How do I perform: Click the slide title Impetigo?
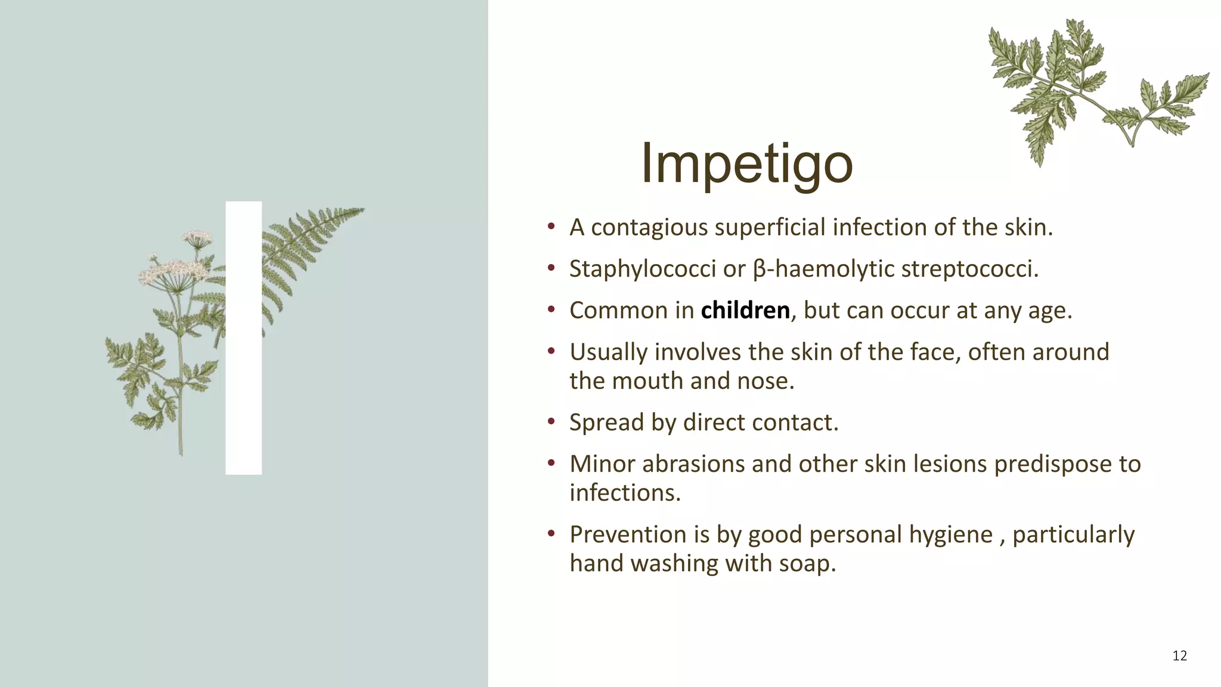[746, 164]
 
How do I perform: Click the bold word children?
[745, 311]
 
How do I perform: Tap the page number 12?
[1179, 656]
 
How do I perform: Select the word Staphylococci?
[642, 269]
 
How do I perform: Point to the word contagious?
[649, 228]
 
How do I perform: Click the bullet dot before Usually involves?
[551, 351]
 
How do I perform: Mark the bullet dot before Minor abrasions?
[551, 463]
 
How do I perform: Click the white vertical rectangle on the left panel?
[243, 338]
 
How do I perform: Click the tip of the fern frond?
[361, 209]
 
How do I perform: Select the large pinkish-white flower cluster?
[173, 271]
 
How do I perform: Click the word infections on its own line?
[624, 493]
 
